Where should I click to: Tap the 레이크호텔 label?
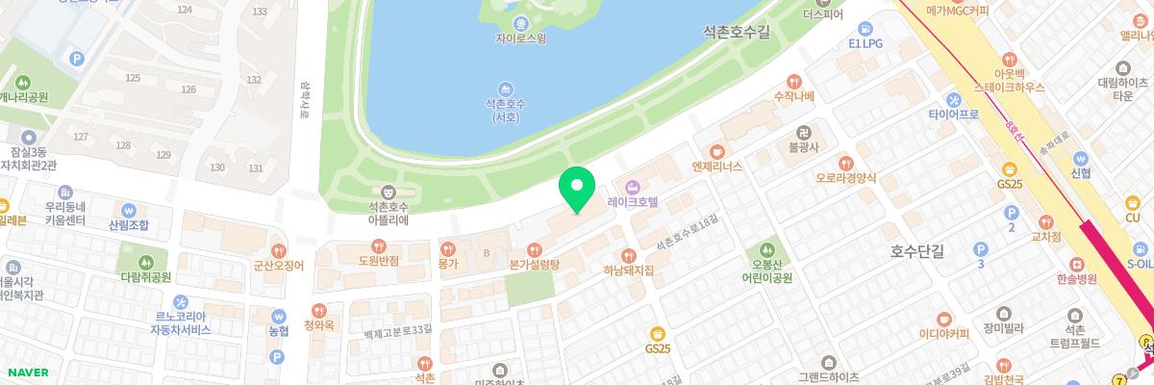(632, 203)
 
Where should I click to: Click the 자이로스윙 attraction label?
(520, 39)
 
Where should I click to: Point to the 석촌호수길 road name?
(737, 32)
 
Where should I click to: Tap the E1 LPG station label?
(865, 43)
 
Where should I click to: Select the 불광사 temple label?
(802, 147)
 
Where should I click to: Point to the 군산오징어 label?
(278, 265)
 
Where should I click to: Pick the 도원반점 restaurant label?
(377, 261)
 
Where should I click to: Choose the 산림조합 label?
(129, 224)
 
